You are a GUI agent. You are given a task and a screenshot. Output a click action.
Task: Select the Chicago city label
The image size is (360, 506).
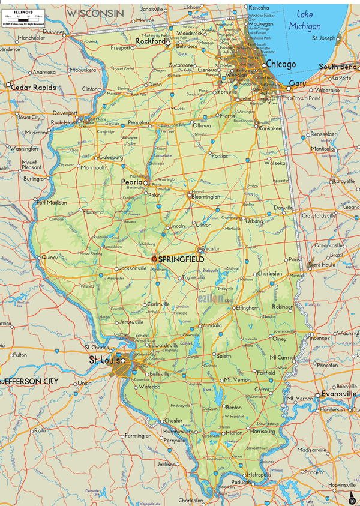tap(281, 64)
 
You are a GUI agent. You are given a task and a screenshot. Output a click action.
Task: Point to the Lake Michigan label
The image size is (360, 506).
tap(305, 20)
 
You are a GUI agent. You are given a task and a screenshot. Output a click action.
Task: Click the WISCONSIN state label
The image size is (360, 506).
tap(95, 12)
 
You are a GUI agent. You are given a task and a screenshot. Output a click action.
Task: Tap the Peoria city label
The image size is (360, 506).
tap(131, 181)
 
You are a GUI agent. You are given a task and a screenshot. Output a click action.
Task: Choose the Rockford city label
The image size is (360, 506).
tap(150, 41)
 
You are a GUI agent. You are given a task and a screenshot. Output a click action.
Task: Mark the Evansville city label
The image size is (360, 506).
tap(338, 394)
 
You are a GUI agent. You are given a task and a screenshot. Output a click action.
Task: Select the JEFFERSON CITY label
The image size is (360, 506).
tap(29, 381)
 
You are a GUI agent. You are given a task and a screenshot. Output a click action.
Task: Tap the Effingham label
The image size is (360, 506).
tap(247, 307)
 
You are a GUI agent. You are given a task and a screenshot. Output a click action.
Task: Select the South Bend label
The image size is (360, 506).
tap(338, 67)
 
